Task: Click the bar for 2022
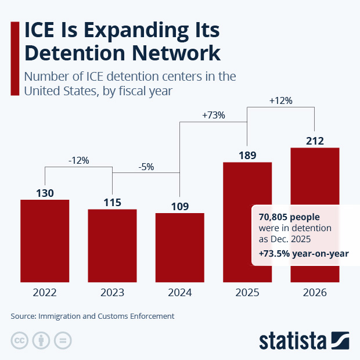coord(45,240)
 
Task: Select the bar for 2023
coord(112,244)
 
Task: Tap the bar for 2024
coord(179,246)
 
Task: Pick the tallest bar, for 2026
coord(314,174)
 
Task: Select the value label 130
coord(45,192)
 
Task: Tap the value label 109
coord(179,206)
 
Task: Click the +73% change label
coord(213,115)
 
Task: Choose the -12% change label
coord(78,160)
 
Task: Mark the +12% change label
coord(280,100)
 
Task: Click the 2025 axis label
coord(247,293)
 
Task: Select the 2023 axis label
coord(112,293)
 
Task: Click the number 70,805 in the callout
coord(273,217)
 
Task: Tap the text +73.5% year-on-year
coord(303,254)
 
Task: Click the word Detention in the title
coord(74,53)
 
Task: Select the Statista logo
coord(304,340)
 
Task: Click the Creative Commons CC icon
coord(20,340)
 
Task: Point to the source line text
coord(92,316)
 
